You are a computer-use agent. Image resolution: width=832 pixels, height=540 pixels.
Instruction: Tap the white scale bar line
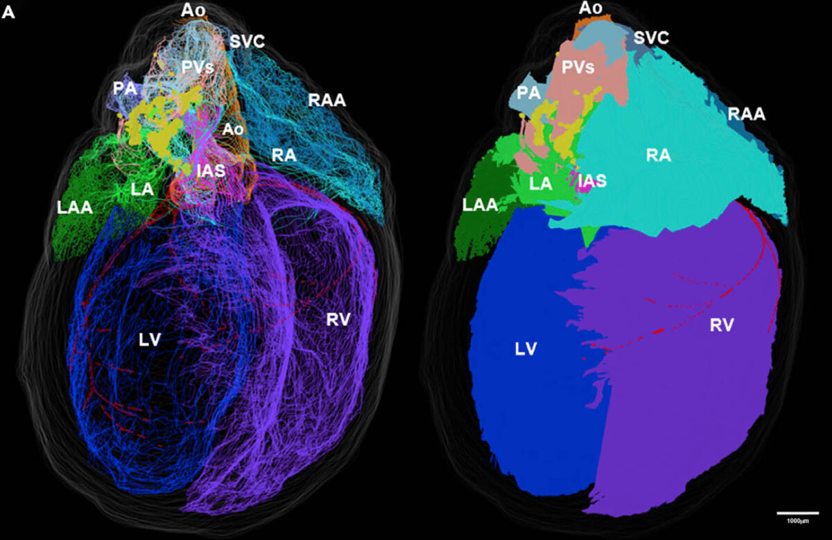tap(797, 514)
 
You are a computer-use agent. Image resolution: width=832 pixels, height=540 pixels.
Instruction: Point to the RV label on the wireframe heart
tap(338, 319)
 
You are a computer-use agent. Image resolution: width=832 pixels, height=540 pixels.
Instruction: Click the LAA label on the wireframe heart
tap(74, 207)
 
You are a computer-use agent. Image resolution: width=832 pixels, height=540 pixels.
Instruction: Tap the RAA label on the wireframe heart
tap(327, 101)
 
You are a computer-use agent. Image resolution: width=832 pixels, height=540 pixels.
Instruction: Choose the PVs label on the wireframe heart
tap(198, 68)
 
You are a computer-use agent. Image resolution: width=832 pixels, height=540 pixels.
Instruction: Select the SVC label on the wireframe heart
tap(248, 41)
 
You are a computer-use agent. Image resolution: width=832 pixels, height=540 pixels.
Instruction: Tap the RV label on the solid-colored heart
tap(721, 323)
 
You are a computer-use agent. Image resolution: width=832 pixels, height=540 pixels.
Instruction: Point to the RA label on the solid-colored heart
tap(657, 155)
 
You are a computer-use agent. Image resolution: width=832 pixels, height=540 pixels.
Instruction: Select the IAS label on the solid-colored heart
tap(592, 181)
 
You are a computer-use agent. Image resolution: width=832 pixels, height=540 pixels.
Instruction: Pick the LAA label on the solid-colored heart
tap(479, 204)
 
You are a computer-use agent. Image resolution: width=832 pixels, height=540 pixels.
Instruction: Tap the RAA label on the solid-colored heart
tap(747, 114)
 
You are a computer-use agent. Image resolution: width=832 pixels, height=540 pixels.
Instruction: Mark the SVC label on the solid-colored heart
tap(652, 38)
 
